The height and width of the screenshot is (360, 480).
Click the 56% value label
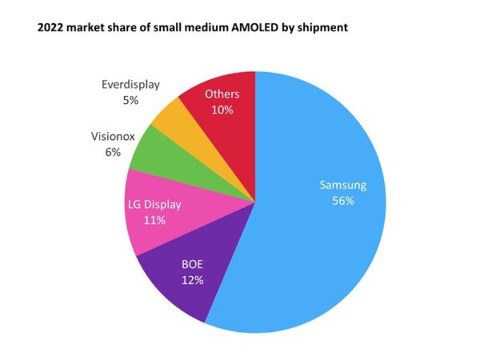(343, 200)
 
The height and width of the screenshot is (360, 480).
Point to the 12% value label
(193, 279)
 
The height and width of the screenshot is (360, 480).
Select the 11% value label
(155, 220)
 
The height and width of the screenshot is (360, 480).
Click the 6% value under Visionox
(113, 152)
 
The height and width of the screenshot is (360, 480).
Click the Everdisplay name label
(130, 84)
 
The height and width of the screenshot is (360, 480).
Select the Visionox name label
(112, 136)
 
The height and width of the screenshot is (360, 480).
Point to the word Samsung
(343, 185)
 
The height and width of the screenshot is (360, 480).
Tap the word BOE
(193, 263)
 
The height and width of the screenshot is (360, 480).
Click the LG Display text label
(155, 205)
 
